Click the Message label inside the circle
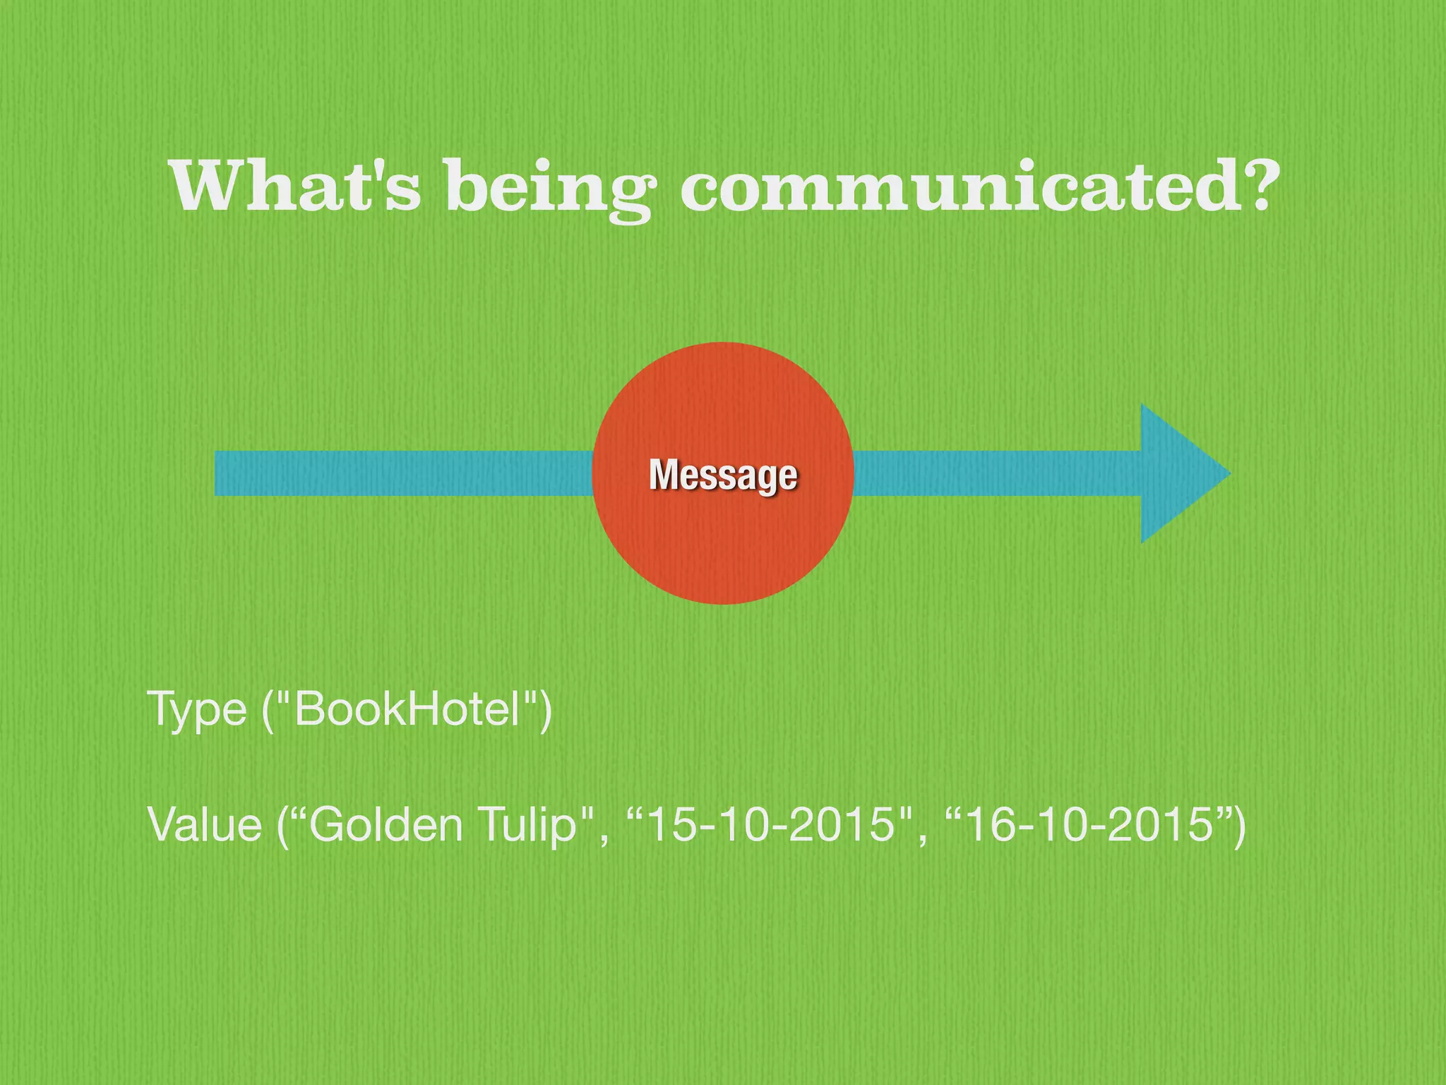point(723,475)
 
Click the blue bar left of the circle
point(402,473)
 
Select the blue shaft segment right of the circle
point(996,473)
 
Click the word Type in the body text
point(196,709)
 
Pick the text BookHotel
point(407,709)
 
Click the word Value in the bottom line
point(205,824)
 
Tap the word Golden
point(386,824)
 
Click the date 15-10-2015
point(770,824)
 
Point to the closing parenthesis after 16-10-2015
point(1238,826)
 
